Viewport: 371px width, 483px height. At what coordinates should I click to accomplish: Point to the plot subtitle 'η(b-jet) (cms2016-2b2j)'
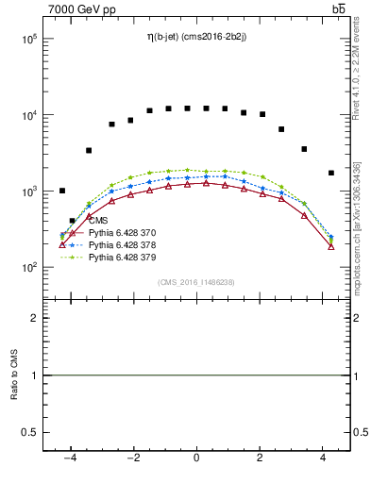pos(196,37)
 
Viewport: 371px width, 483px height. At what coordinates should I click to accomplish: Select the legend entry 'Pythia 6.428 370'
pos(123,232)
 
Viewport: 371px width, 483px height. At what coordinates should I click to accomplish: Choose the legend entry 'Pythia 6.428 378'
pos(123,244)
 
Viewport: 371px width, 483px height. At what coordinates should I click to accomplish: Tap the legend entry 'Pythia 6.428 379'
pos(123,257)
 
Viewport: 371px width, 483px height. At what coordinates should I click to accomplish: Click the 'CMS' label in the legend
pos(98,221)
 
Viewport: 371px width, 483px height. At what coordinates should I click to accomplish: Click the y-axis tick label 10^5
pos(27,40)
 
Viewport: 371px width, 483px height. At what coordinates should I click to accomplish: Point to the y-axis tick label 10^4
pos(27,115)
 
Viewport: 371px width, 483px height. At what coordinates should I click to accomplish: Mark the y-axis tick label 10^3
pos(27,192)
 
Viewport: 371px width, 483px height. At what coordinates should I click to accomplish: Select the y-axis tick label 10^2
pos(27,267)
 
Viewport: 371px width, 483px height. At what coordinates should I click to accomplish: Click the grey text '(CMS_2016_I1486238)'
pos(196,282)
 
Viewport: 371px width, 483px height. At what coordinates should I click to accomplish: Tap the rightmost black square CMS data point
pos(330,173)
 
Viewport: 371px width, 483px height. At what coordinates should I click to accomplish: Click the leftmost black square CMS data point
pos(62,191)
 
